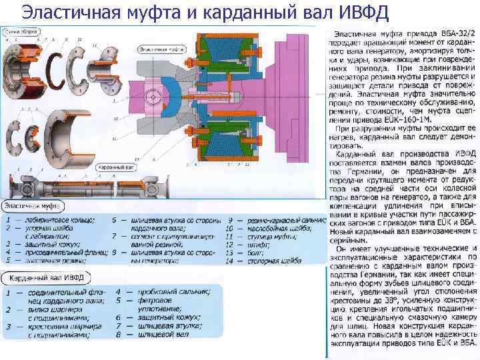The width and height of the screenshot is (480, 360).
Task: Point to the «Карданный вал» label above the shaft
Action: coord(114,167)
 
